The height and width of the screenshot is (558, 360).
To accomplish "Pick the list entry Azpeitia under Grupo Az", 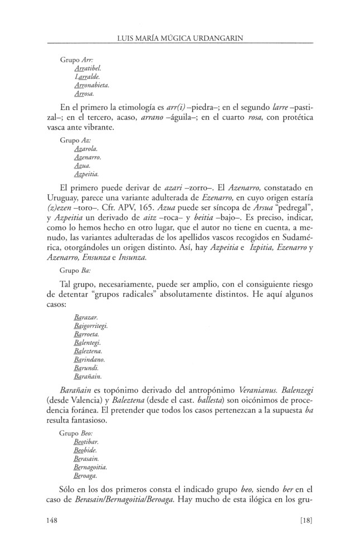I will coord(87,175).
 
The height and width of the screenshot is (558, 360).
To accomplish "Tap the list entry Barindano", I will coord(89,360).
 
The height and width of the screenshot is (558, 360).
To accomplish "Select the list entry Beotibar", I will coord(87,441).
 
